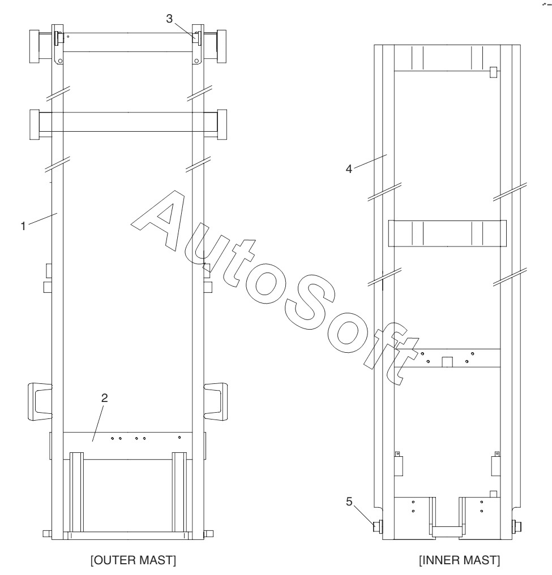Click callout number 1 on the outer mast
[23, 226]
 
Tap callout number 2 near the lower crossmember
[105, 398]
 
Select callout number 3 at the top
[169, 19]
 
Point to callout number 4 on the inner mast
[349, 169]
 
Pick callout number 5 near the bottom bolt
[349, 501]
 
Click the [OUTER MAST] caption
[133, 560]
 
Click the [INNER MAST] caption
[460, 560]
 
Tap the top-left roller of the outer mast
[35, 46]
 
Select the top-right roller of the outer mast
[221, 46]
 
